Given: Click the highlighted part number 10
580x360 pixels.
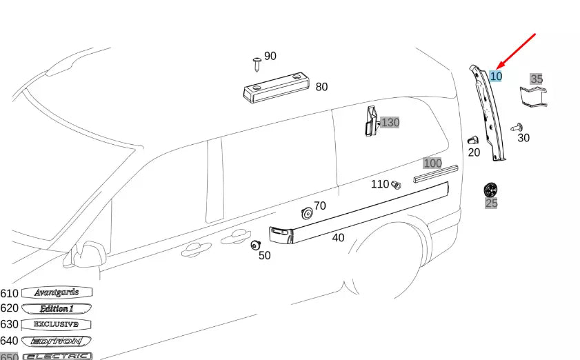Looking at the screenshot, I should point(496,76).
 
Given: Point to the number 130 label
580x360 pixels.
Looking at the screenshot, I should point(390,123).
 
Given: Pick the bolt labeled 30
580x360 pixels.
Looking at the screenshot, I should point(517,127).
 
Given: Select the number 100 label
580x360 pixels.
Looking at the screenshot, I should point(432,163).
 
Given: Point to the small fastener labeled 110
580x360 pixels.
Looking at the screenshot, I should point(396,185).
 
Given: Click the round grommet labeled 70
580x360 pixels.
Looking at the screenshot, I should point(307,214).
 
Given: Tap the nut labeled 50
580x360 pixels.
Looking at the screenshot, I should point(255,244).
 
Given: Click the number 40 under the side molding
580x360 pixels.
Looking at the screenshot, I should point(338,238).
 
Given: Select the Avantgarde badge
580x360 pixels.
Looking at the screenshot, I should point(57,292).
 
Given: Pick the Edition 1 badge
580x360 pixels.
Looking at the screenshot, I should point(57,308).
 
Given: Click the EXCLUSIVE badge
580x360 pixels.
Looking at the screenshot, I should point(57,324).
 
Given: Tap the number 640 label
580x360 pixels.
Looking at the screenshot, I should point(10,341).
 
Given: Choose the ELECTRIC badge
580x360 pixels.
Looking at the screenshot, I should point(57,356).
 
